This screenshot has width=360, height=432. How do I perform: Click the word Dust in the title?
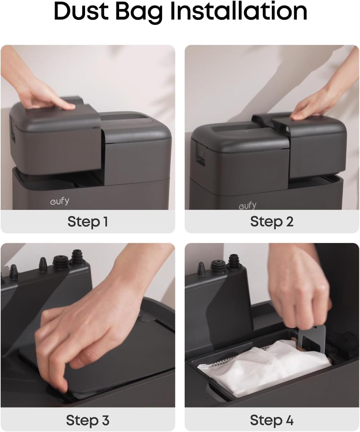tap(81, 11)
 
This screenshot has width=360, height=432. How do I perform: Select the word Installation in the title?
tap(239, 11)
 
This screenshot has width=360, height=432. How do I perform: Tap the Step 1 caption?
tap(88, 221)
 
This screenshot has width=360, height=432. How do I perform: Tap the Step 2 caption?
tap(272, 221)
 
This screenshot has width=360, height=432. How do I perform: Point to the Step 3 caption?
tap(88, 420)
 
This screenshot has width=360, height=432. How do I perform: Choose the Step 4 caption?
tap(272, 420)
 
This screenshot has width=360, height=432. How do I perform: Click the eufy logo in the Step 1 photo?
tap(60, 201)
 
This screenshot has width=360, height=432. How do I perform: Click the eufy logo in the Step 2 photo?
tap(248, 205)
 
